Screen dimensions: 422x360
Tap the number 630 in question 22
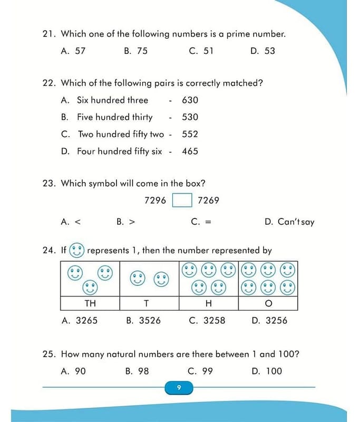click(190, 100)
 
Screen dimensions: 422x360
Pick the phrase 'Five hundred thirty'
click(114, 117)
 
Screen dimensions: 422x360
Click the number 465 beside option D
click(190, 151)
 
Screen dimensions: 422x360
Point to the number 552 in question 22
click(190, 135)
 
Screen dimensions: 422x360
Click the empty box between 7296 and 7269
click(182, 201)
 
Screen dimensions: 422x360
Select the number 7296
click(155, 200)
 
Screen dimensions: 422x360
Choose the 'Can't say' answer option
click(295, 222)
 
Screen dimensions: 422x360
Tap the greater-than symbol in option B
click(132, 222)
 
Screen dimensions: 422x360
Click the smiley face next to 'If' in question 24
click(77, 250)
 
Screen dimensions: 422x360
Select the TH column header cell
click(90, 304)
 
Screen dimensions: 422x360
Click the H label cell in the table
click(208, 304)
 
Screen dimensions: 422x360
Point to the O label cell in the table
click(268, 304)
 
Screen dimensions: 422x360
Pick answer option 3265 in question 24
click(86, 320)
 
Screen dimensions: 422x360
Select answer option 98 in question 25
click(143, 371)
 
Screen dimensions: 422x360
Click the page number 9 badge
click(179, 388)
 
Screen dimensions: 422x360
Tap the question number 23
click(49, 184)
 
